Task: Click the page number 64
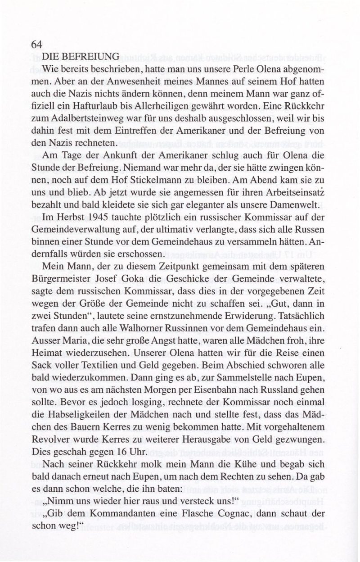click(x=36, y=45)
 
